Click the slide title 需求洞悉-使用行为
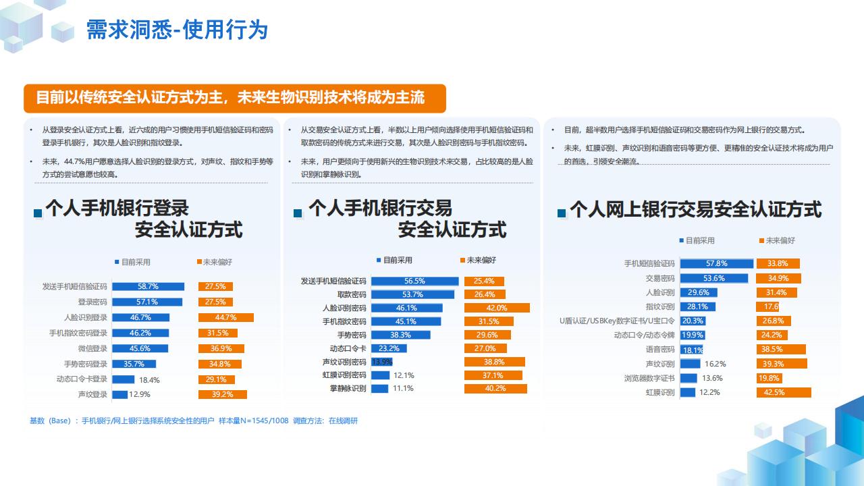(x=177, y=30)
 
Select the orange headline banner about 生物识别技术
(x=234, y=99)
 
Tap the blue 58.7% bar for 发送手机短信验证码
(x=148, y=287)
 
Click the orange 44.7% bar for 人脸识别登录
(x=226, y=317)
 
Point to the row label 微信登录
(x=92, y=348)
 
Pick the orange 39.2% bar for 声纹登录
(x=223, y=394)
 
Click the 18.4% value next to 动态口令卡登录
(x=149, y=380)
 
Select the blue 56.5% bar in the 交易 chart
(x=415, y=281)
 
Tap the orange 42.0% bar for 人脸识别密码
(x=497, y=308)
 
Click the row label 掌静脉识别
(x=348, y=388)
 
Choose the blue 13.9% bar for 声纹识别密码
(x=382, y=362)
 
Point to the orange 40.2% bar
(x=495, y=388)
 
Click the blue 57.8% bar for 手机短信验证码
(x=717, y=263)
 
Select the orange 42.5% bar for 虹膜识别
(x=784, y=392)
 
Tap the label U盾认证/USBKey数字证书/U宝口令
(x=617, y=321)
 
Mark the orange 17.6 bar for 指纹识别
(x=768, y=306)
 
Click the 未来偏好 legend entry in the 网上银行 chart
(x=777, y=241)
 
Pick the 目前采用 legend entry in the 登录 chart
(x=132, y=263)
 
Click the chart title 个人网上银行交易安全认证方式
(x=695, y=209)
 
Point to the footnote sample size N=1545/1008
(x=253, y=421)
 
